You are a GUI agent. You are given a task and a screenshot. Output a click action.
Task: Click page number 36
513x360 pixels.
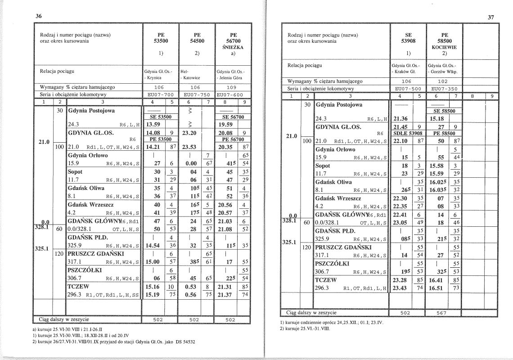39,16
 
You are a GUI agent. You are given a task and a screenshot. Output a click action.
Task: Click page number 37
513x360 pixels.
491,18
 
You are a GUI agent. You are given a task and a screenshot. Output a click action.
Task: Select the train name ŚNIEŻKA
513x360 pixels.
233,46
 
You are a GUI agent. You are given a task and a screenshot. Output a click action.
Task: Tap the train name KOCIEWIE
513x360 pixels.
444,47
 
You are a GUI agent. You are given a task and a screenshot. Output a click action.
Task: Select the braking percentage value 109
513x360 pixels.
233,87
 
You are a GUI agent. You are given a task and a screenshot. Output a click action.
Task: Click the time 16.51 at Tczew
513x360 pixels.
437,288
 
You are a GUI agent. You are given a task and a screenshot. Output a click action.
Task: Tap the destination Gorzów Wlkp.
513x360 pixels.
445,72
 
